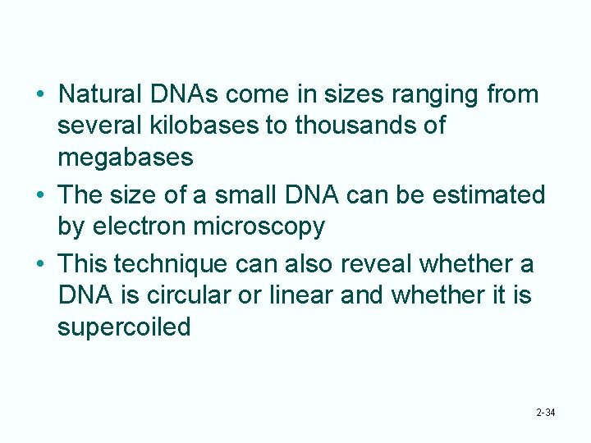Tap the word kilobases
pyautogui.click(x=220, y=126)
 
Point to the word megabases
pyautogui.click(x=126, y=156)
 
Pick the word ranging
pyautogui.click(x=431, y=95)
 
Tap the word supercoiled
pyautogui.click(x=124, y=326)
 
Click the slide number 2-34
pyautogui.click(x=545, y=412)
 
